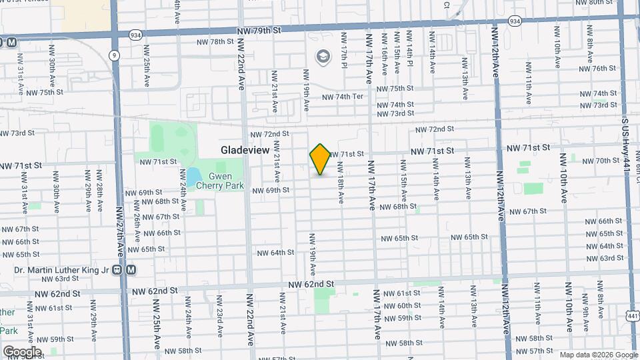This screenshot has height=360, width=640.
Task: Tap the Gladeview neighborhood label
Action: pyautogui.click(x=245, y=151)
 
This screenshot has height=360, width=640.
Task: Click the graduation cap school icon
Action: pyautogui.click(x=325, y=57)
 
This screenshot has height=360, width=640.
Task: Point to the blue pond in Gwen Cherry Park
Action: pyautogui.click(x=192, y=177)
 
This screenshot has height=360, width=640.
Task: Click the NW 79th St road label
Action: pyautogui.click(x=260, y=30)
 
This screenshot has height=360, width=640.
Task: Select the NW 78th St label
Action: pyautogui.click(x=212, y=41)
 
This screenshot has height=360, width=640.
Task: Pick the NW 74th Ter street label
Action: pyautogui.click(x=343, y=97)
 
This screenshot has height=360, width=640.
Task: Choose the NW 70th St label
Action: pyautogui.click(x=607, y=161)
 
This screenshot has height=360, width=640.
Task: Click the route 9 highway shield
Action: pyautogui.click(x=115, y=55)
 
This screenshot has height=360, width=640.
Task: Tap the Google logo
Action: pyautogui.click(x=22, y=351)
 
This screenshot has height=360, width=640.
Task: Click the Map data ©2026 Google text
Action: pyautogui.click(x=598, y=355)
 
